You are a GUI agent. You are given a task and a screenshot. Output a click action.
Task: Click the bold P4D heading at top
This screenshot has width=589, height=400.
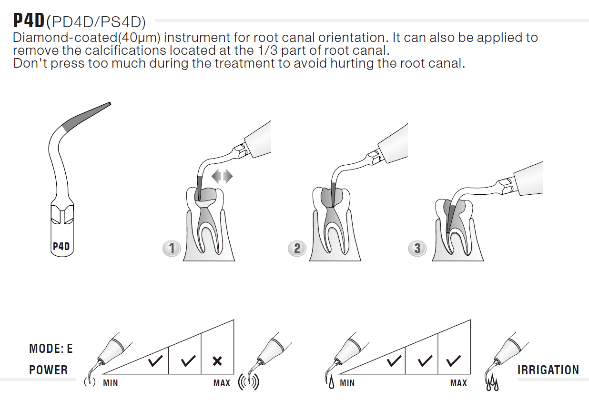click(29, 20)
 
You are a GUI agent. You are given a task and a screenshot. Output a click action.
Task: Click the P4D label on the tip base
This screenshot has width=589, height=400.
click(61, 246)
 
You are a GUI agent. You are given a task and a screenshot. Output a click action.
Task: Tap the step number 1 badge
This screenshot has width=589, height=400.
click(172, 249)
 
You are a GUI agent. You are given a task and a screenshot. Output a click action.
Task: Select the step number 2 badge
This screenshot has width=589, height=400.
click(297, 249)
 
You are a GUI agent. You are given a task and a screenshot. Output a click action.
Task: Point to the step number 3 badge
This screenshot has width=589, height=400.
click(417, 249)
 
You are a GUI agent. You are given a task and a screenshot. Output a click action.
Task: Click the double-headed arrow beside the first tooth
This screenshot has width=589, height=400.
click(222, 176)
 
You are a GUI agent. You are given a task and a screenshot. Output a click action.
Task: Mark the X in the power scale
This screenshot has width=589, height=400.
click(217, 361)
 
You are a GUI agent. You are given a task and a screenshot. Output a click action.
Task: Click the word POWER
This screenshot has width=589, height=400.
click(49, 370)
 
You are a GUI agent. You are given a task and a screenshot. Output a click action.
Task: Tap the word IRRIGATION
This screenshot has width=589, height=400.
click(548, 370)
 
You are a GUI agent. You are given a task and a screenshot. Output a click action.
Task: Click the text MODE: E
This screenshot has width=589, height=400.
click(51, 349)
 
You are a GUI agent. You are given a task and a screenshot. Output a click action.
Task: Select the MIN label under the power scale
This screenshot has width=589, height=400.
click(111, 383)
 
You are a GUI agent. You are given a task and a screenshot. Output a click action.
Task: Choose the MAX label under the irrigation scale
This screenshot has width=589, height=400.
click(458, 383)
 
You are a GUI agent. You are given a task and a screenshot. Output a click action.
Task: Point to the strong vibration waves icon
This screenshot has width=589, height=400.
click(248, 382)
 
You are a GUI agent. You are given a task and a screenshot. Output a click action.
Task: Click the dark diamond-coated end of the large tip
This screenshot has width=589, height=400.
click(87, 116)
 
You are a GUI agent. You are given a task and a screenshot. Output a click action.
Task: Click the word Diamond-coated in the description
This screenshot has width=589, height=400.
click(65, 38)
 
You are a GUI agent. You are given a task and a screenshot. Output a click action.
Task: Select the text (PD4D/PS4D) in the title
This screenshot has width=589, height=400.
click(96, 22)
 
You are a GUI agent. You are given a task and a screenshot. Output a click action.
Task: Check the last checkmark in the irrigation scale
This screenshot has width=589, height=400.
click(453, 361)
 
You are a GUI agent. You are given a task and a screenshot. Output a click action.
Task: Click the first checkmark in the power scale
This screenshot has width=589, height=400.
click(155, 361)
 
